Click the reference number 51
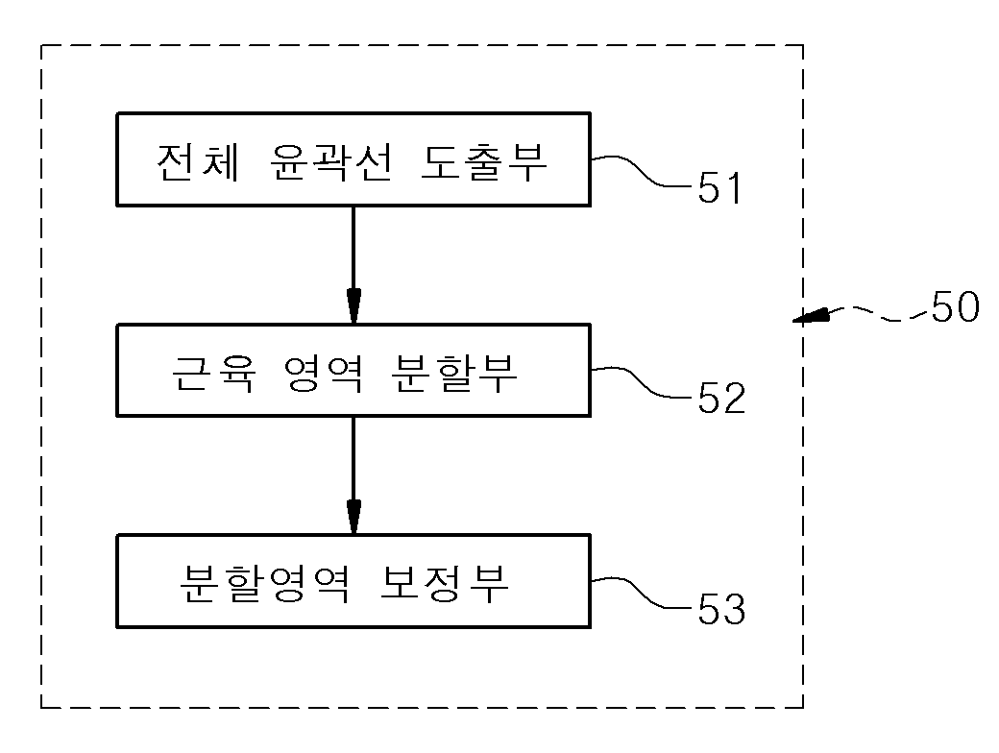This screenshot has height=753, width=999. [x=719, y=187]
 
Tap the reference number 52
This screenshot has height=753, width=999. [x=721, y=399]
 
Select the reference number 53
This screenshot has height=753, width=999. [x=721, y=608]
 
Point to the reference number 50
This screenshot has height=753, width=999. [x=955, y=307]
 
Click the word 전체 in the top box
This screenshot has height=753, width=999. [x=198, y=161]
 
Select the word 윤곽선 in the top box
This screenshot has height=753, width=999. [x=330, y=161]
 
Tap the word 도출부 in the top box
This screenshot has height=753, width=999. [x=483, y=161]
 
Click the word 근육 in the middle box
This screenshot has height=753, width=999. [x=213, y=373]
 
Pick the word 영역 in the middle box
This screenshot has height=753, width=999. [x=324, y=373]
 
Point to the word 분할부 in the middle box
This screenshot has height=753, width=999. [x=454, y=373]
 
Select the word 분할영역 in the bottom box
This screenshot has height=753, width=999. [x=264, y=583]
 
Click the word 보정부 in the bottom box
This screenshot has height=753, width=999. [x=444, y=583]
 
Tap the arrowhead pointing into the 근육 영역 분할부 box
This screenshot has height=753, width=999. [x=353, y=306]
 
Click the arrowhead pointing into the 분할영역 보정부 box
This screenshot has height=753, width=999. [x=353, y=517]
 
